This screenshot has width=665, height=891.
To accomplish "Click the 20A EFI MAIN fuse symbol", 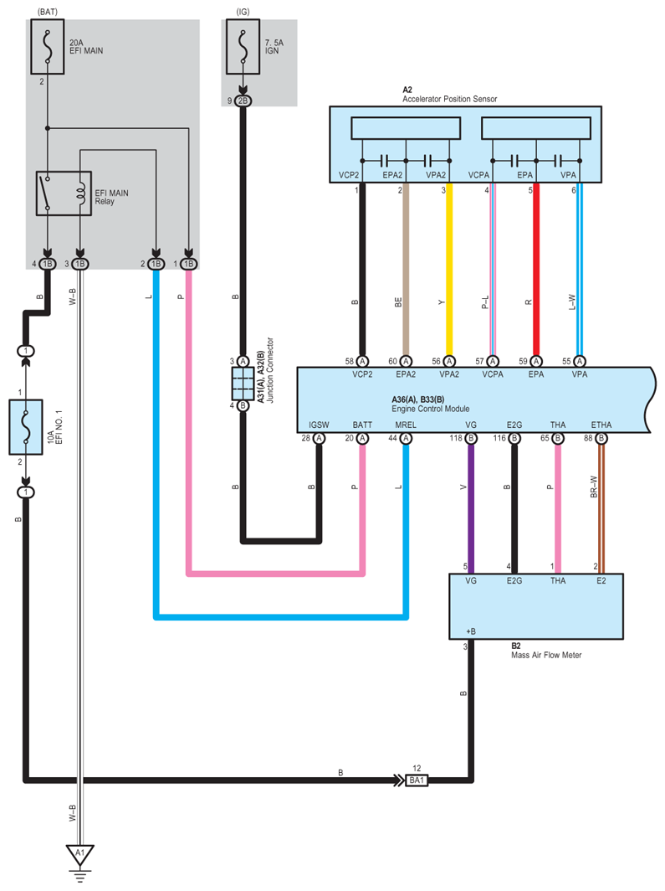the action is pos(47,47).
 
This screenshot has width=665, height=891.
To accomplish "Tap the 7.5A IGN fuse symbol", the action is pos(243,47).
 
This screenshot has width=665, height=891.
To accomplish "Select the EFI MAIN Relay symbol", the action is pos(64,193).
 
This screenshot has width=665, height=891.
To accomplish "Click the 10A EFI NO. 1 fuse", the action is pos(26,427).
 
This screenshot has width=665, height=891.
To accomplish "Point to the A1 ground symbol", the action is pos(80,854).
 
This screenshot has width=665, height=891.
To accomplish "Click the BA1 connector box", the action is pos(417,780).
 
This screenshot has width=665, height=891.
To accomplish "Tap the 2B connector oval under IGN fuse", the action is pos(243,100).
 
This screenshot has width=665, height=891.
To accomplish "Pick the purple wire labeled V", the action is pos(471,508).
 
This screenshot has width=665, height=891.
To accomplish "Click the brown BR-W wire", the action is pos(601,508).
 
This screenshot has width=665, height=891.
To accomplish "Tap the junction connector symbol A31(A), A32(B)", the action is pos(243,384).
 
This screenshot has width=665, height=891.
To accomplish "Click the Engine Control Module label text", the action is pos(431,409).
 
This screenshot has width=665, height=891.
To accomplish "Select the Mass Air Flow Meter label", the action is pos(546,655).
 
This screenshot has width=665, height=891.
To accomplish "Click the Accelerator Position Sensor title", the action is pos(449,99).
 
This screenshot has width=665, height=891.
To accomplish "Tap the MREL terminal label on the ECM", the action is pos(406,425).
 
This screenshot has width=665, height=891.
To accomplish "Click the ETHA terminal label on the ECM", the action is pos(601,425).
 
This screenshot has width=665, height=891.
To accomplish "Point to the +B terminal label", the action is pos(471,631).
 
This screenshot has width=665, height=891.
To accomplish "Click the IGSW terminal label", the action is pos(319,425).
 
